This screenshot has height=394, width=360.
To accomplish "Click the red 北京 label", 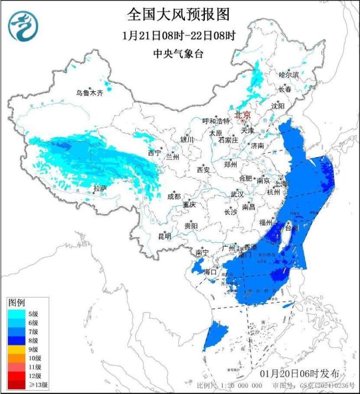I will (243, 115).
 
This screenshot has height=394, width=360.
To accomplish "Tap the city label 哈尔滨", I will (288, 74).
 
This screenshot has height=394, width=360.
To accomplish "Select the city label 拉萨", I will (100, 189).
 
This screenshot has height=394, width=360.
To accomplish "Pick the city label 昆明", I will (164, 236).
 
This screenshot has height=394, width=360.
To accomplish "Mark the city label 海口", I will (211, 272).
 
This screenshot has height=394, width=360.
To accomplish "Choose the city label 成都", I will (174, 196).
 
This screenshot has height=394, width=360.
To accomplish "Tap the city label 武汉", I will (236, 194).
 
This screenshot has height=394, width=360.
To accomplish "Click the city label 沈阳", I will (278, 105).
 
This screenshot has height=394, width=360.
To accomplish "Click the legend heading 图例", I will (16, 302).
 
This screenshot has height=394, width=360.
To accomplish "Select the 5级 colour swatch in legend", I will (16, 314).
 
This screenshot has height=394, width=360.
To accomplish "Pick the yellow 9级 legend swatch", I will (16, 349).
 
